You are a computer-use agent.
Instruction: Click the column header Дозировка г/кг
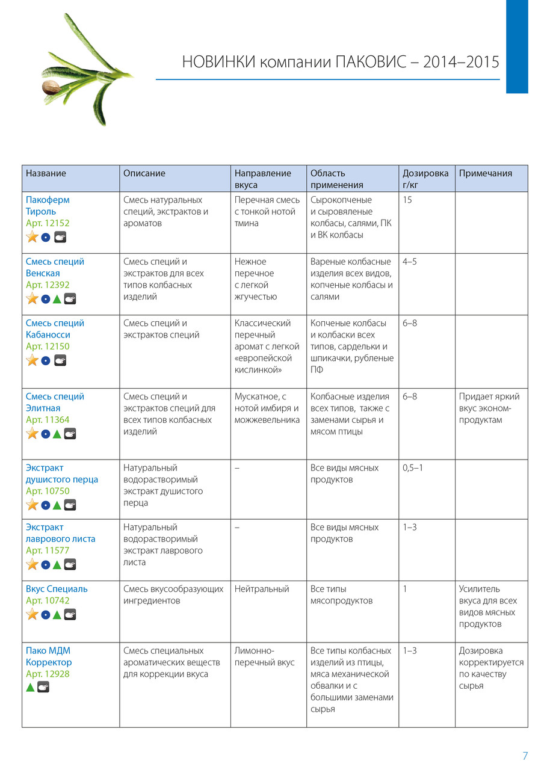tap(425, 179)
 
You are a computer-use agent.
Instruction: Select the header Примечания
tap(485, 173)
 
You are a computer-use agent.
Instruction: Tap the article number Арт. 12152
tap(48, 223)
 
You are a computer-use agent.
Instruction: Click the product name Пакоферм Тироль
tap(48, 206)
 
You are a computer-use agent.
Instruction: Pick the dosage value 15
tap(407, 200)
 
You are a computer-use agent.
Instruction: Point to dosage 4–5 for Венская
tap(410, 262)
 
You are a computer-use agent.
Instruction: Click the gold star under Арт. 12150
tap(32, 360)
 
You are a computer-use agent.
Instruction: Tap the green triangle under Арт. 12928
tap(31, 686)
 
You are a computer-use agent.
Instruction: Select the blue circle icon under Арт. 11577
tap(45, 564)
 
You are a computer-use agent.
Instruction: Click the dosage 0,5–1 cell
tap(412, 467)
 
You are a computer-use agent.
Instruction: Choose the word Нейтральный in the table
tap(262, 589)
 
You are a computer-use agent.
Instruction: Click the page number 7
tap(525, 756)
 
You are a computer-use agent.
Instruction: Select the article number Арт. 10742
tap(48, 600)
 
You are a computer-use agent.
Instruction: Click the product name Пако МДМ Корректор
tap(49, 656)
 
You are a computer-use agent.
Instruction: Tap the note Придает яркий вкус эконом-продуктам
tap(489, 408)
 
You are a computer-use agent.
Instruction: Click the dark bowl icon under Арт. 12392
tap(70, 299)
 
